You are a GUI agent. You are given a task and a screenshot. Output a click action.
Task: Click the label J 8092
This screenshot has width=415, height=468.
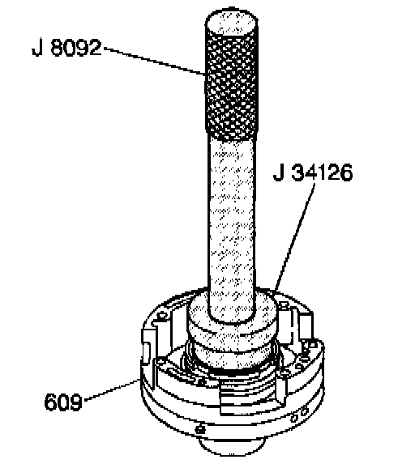[x=66, y=48]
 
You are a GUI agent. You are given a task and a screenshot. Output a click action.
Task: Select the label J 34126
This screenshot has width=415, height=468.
[x=313, y=172]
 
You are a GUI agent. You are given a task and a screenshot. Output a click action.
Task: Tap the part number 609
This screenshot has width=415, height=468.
[x=62, y=402]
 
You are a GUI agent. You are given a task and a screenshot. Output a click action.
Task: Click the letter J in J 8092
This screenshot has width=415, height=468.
[x=37, y=48]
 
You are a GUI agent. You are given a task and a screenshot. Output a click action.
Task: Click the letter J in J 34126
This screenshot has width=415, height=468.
[x=279, y=172]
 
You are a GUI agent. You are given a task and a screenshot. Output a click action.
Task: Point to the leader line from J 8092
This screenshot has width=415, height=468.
[x=154, y=61]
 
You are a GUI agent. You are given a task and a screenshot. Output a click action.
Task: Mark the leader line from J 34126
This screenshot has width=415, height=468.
[x=294, y=236]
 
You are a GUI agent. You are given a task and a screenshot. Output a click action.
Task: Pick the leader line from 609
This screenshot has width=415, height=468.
[x=112, y=389]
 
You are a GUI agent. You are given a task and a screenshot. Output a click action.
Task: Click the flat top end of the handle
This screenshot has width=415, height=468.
[x=232, y=22]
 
